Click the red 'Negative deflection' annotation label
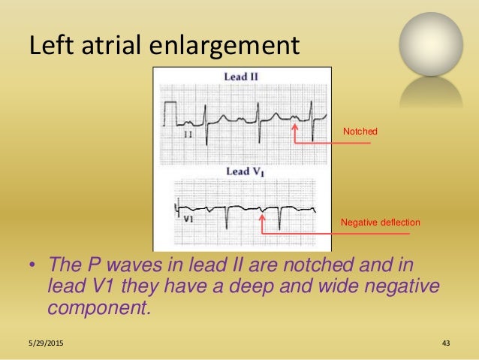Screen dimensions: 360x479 [380, 222]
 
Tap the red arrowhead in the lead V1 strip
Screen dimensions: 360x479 [262, 218]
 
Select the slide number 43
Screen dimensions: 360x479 [445, 343]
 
